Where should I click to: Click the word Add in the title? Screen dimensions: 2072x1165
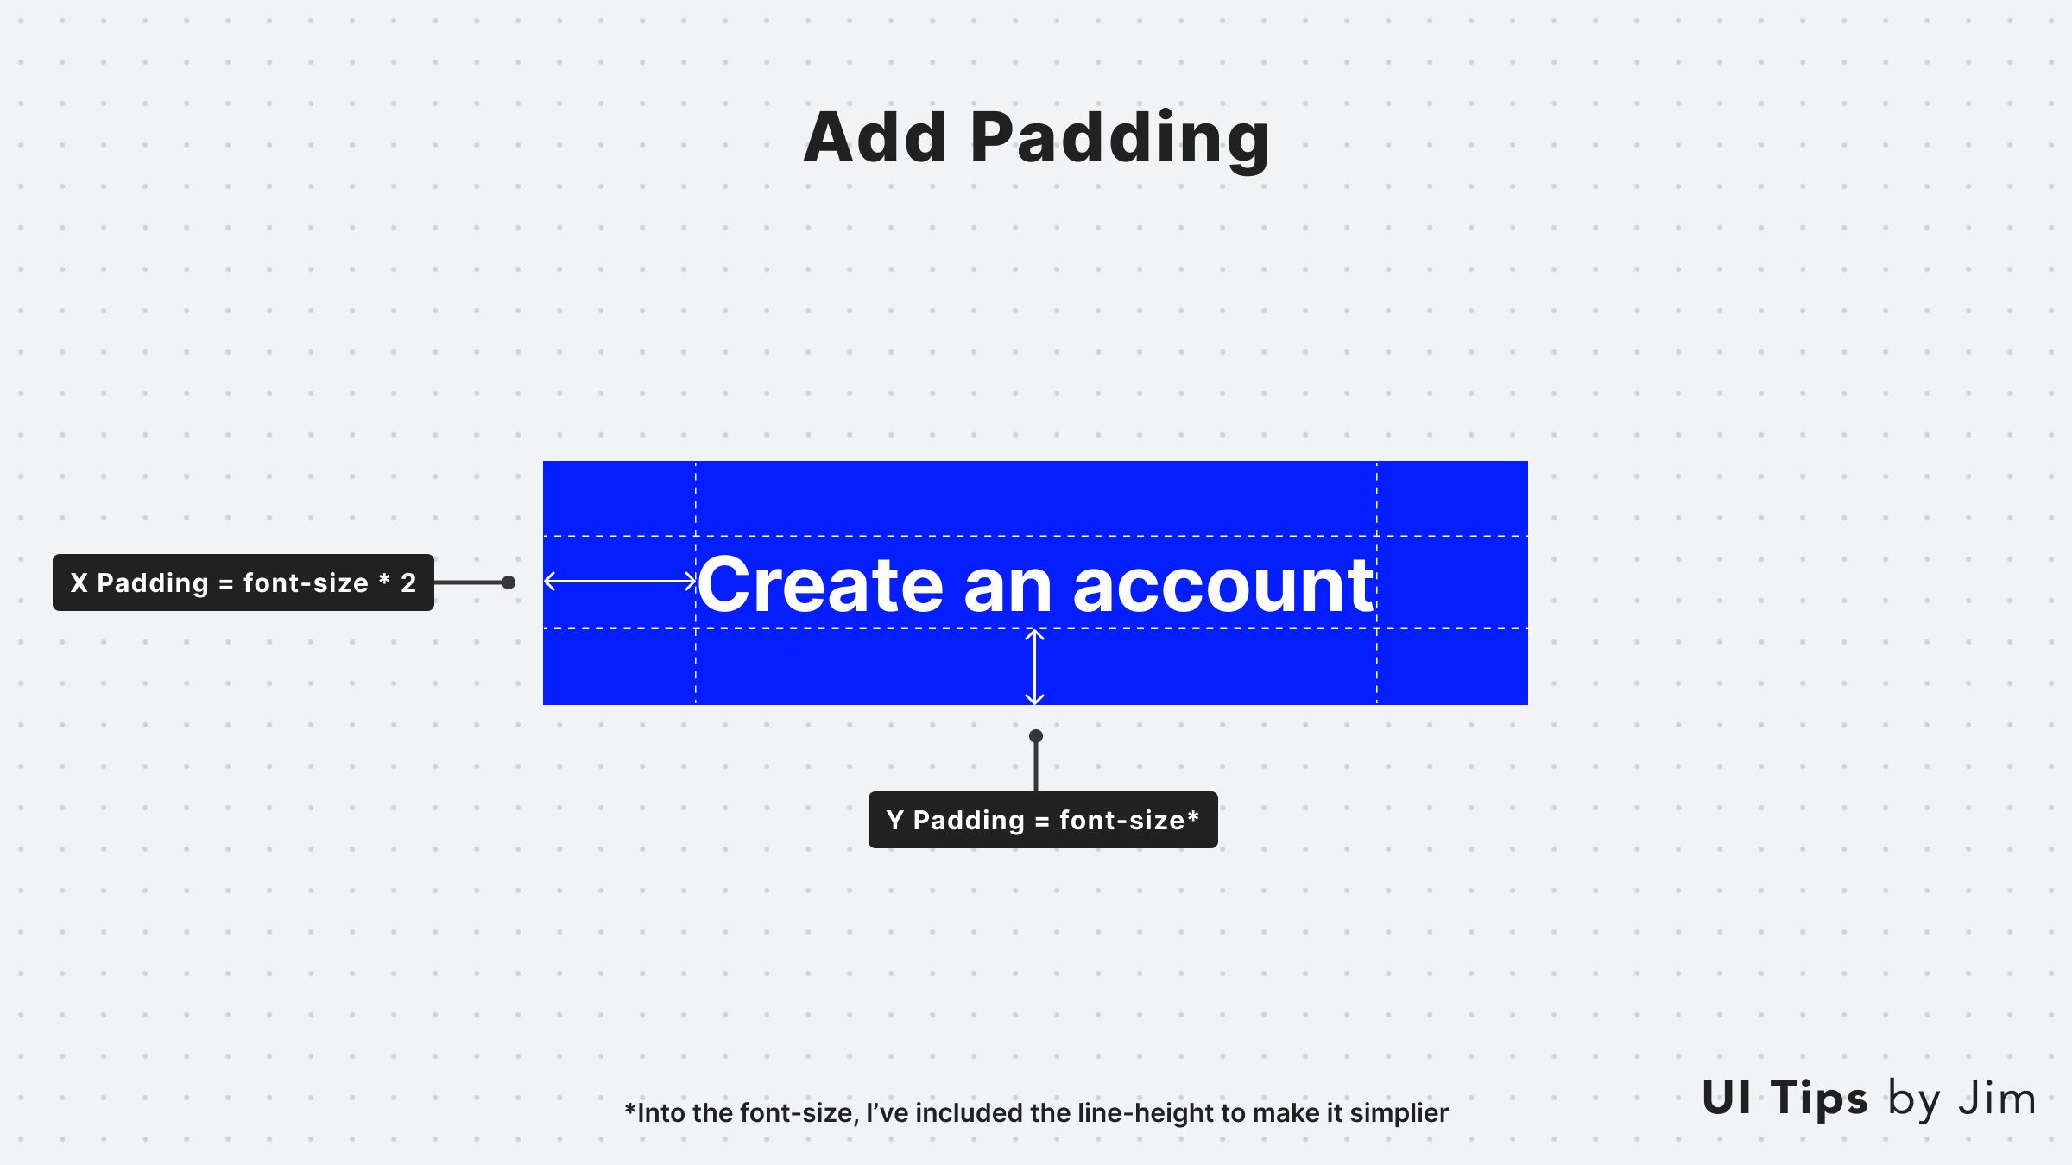(875, 137)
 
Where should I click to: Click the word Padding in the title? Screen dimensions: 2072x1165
(1120, 142)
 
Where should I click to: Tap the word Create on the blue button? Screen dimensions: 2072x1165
(820, 585)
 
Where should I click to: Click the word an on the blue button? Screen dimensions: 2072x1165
(1008, 589)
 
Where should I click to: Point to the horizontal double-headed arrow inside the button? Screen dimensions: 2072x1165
(620, 582)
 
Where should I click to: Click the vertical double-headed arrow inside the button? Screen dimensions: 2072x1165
(1034, 667)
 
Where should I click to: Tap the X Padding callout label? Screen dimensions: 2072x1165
(243, 582)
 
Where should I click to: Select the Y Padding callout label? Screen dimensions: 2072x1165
(1043, 820)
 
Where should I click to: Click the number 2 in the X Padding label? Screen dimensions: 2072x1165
(408, 583)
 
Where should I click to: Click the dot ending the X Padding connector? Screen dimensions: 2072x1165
(509, 582)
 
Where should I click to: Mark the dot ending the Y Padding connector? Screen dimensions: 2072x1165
(1036, 736)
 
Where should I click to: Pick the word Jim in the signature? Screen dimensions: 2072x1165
(1997, 1099)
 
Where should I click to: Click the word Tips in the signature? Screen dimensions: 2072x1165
(1819, 1099)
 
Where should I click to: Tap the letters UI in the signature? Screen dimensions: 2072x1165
(1727, 1098)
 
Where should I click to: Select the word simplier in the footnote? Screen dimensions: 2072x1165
(1399, 1114)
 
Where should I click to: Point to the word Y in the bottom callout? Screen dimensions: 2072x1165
(895, 820)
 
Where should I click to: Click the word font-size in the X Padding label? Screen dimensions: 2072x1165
(306, 583)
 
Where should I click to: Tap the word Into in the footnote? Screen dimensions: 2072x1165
(661, 1113)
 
